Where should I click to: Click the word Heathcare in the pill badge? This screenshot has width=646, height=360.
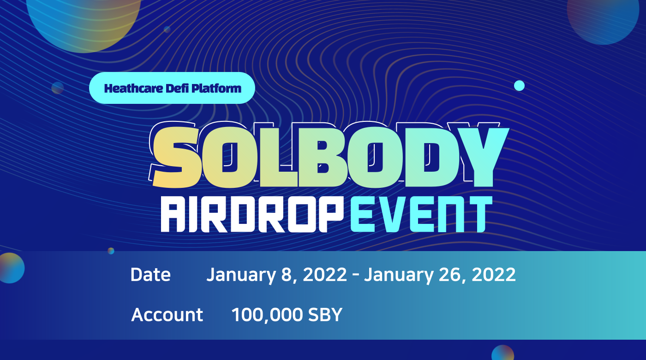pos(133,88)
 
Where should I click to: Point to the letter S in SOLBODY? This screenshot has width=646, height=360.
pos(176,157)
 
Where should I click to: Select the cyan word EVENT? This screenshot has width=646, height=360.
pos(421,214)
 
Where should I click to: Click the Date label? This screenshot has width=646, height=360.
pos(150,274)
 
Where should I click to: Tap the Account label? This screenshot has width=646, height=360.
pos(167,314)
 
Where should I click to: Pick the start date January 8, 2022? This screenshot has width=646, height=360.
pos(276,275)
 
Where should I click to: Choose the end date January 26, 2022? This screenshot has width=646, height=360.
pos(440,275)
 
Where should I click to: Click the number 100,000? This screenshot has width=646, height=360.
pos(267,315)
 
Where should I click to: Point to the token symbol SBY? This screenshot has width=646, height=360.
pos(325,314)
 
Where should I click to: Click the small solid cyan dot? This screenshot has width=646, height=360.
pos(519,86)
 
